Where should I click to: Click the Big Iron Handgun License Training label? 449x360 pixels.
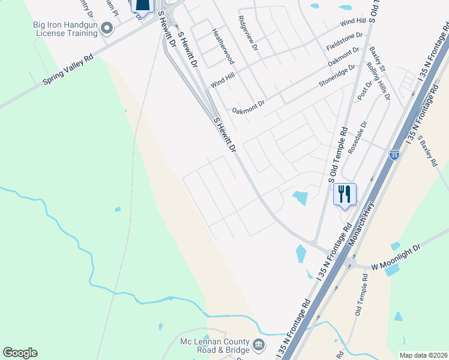click(65, 29)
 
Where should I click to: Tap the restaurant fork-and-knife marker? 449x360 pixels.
click(345, 194)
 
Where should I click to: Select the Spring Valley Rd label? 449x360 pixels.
click(68, 71)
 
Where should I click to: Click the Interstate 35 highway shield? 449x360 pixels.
click(394, 155)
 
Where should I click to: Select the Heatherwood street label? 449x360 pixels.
click(223, 45)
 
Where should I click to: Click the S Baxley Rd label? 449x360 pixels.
click(428, 150)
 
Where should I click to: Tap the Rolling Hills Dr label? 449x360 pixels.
click(380, 80)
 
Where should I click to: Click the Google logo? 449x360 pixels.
click(20, 353)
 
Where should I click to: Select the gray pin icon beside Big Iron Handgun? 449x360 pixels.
click(107, 28)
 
